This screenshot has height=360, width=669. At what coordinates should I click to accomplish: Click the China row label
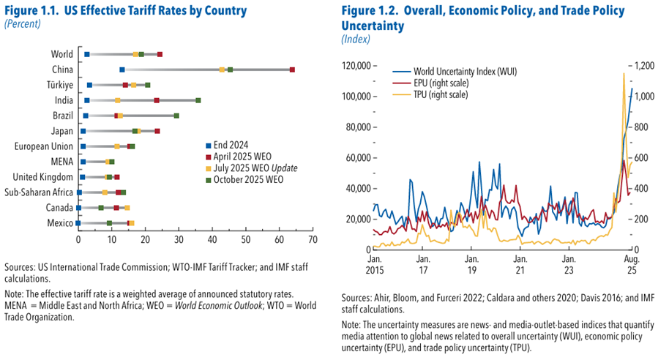(x=62, y=70)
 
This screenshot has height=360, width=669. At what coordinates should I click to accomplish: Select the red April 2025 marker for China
(x=292, y=70)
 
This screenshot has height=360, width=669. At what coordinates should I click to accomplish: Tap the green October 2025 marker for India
(x=198, y=100)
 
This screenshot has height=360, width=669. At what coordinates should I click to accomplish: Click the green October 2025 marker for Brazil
(x=176, y=116)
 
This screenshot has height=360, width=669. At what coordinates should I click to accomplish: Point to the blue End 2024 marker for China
(x=122, y=70)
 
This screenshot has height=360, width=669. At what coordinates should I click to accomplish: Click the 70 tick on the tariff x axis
(x=313, y=239)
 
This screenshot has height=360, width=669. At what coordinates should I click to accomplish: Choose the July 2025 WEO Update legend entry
(x=253, y=168)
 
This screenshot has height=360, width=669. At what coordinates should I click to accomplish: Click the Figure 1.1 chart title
(x=125, y=11)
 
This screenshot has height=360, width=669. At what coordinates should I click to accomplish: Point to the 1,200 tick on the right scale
(x=651, y=66)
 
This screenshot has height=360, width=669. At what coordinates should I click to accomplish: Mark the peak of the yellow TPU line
(x=624, y=73)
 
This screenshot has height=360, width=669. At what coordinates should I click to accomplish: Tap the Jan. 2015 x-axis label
(x=374, y=265)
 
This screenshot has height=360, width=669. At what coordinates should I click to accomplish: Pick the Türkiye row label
(x=59, y=85)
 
